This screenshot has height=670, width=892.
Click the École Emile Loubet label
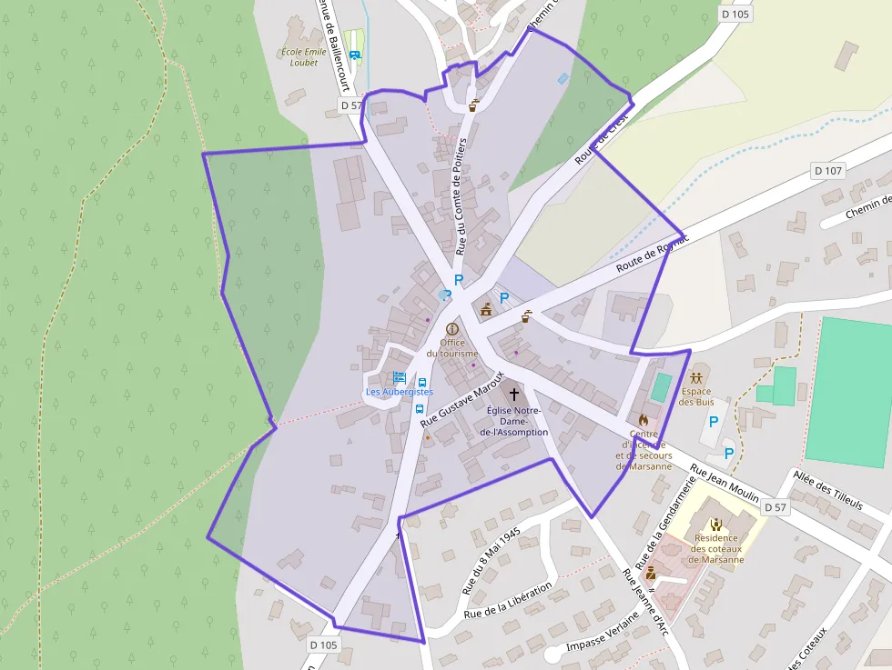click(x=304, y=57)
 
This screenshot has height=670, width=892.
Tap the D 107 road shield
click(x=828, y=170)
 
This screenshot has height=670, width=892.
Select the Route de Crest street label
click(x=602, y=143)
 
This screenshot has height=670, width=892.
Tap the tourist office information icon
click(x=452, y=328)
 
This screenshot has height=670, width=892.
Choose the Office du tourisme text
click(x=452, y=348)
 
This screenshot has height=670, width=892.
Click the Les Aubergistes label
click(x=400, y=392)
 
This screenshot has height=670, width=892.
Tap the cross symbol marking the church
click(x=514, y=394)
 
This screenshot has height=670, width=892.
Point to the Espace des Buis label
click(x=697, y=396)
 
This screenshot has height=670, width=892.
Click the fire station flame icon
click(x=644, y=421)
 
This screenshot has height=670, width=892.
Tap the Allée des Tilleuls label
click(x=828, y=492)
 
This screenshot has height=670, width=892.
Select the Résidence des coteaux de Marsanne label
click(x=717, y=548)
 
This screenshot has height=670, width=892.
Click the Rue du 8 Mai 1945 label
click(x=491, y=561)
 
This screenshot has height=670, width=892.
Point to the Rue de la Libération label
click(x=508, y=601)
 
